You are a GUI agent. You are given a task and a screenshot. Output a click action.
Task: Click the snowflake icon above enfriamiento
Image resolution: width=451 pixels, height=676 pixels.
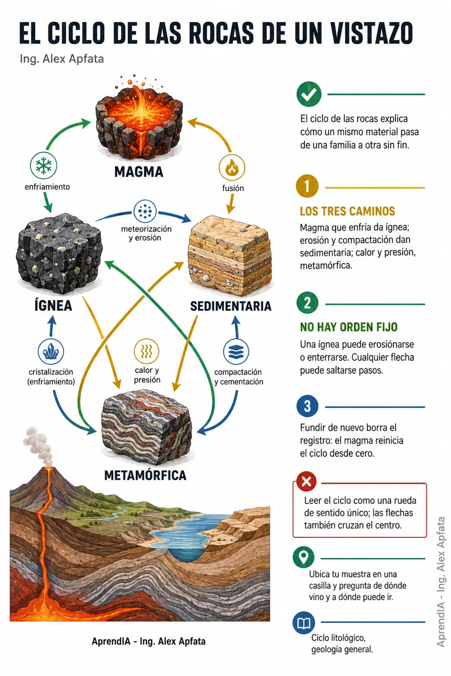pyautogui.click(x=43, y=166)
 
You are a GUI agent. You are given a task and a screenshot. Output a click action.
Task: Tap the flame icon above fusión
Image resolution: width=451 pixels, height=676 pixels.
pyautogui.click(x=232, y=168)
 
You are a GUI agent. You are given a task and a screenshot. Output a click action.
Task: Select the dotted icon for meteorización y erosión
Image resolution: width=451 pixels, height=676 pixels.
pyautogui.click(x=145, y=211)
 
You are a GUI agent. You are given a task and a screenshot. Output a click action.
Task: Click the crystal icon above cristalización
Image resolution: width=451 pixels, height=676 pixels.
pyautogui.click(x=51, y=352)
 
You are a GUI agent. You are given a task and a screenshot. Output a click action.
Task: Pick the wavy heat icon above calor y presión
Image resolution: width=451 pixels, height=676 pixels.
pyautogui.click(x=147, y=351)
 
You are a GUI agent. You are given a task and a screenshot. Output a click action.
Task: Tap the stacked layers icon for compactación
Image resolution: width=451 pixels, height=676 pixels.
pyautogui.click(x=236, y=352)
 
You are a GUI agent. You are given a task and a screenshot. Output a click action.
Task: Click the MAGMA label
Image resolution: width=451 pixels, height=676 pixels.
pyautogui.click(x=138, y=172)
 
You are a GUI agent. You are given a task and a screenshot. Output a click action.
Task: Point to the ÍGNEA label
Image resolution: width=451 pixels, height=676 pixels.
pyautogui.click(x=53, y=306)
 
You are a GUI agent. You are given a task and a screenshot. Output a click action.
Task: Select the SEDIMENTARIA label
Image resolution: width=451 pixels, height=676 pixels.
pyautogui.click(x=231, y=306)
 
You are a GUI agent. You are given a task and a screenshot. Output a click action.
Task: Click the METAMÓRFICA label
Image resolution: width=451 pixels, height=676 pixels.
pyautogui.click(x=145, y=475)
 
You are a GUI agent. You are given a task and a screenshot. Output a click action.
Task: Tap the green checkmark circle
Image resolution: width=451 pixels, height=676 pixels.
pyautogui.click(x=309, y=94)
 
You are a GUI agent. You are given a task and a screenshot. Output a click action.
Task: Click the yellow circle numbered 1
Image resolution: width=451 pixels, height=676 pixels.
pyautogui.click(x=307, y=186)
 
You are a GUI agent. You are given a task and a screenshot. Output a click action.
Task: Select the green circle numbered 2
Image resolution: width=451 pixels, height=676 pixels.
pyautogui.click(x=307, y=303)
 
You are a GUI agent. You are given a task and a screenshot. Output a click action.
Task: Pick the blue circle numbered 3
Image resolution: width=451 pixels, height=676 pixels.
pyautogui.click(x=307, y=406)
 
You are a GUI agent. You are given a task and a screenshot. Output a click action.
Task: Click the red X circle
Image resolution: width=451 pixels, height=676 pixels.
pyautogui.click(x=306, y=481)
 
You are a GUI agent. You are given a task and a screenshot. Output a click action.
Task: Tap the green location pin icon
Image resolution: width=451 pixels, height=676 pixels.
pyautogui.click(x=303, y=557)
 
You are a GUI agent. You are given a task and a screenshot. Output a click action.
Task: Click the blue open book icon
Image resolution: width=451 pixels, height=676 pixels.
pyautogui.click(x=304, y=623)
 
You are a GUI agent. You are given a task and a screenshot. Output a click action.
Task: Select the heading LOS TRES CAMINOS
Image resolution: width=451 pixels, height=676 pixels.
pyautogui.click(x=347, y=211)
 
